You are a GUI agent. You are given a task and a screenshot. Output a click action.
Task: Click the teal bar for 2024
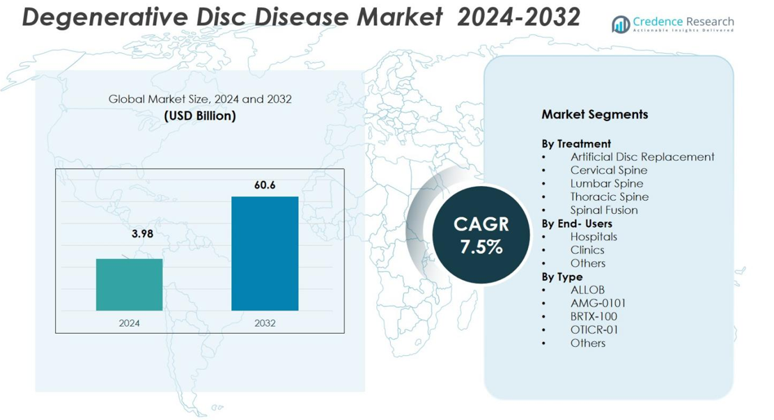[129, 284]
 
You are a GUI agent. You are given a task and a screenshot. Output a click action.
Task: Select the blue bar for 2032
[265, 254]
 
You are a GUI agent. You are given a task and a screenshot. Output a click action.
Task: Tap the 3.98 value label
[142, 234]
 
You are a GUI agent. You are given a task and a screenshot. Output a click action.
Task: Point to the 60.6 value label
[265, 185]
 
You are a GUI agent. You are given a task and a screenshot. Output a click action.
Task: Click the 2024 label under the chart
[129, 323]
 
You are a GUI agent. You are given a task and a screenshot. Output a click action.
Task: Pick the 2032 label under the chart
[265, 323]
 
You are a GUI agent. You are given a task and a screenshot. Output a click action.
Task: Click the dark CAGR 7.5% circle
[481, 235]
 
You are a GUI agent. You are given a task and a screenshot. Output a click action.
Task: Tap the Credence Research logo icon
[620, 25]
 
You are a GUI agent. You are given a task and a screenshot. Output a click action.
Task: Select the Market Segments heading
[594, 114]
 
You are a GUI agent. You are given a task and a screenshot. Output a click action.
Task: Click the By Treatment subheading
[576, 143]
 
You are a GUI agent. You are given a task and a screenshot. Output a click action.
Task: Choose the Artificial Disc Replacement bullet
[642, 157]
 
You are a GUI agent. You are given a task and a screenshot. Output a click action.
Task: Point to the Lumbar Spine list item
[606, 183]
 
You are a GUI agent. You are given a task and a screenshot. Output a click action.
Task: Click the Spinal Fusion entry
[603, 210]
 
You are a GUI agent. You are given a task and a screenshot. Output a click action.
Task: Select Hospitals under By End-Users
[593, 237]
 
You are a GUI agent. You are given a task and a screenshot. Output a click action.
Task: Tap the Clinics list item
[587, 250]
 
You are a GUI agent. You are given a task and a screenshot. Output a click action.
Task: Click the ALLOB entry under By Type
[587, 290]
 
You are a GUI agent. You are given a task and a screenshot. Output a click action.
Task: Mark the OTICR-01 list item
[594, 329]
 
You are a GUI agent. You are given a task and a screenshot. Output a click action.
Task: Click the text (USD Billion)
[200, 116]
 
